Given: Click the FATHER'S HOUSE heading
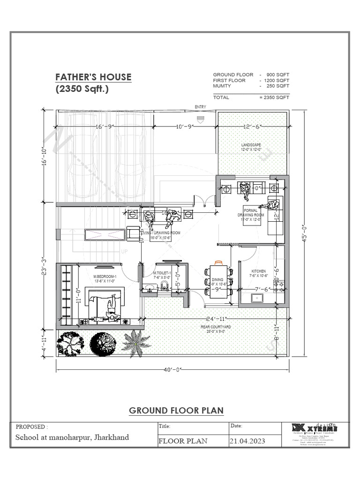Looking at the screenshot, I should pos(93,77).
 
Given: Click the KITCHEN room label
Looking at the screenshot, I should pos(258,271).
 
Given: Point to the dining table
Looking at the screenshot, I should pos(218,281).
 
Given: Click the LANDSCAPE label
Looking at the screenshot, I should pos(251,145).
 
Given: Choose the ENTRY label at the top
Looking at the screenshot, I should pos(201,107).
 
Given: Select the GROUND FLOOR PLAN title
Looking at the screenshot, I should pos(176,411).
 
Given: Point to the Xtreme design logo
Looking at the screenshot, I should pos(314,428).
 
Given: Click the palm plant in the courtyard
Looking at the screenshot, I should pos(135,343).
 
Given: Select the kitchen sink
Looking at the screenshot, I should pos(256,298).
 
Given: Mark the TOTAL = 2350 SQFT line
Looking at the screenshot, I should pos(251,97).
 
